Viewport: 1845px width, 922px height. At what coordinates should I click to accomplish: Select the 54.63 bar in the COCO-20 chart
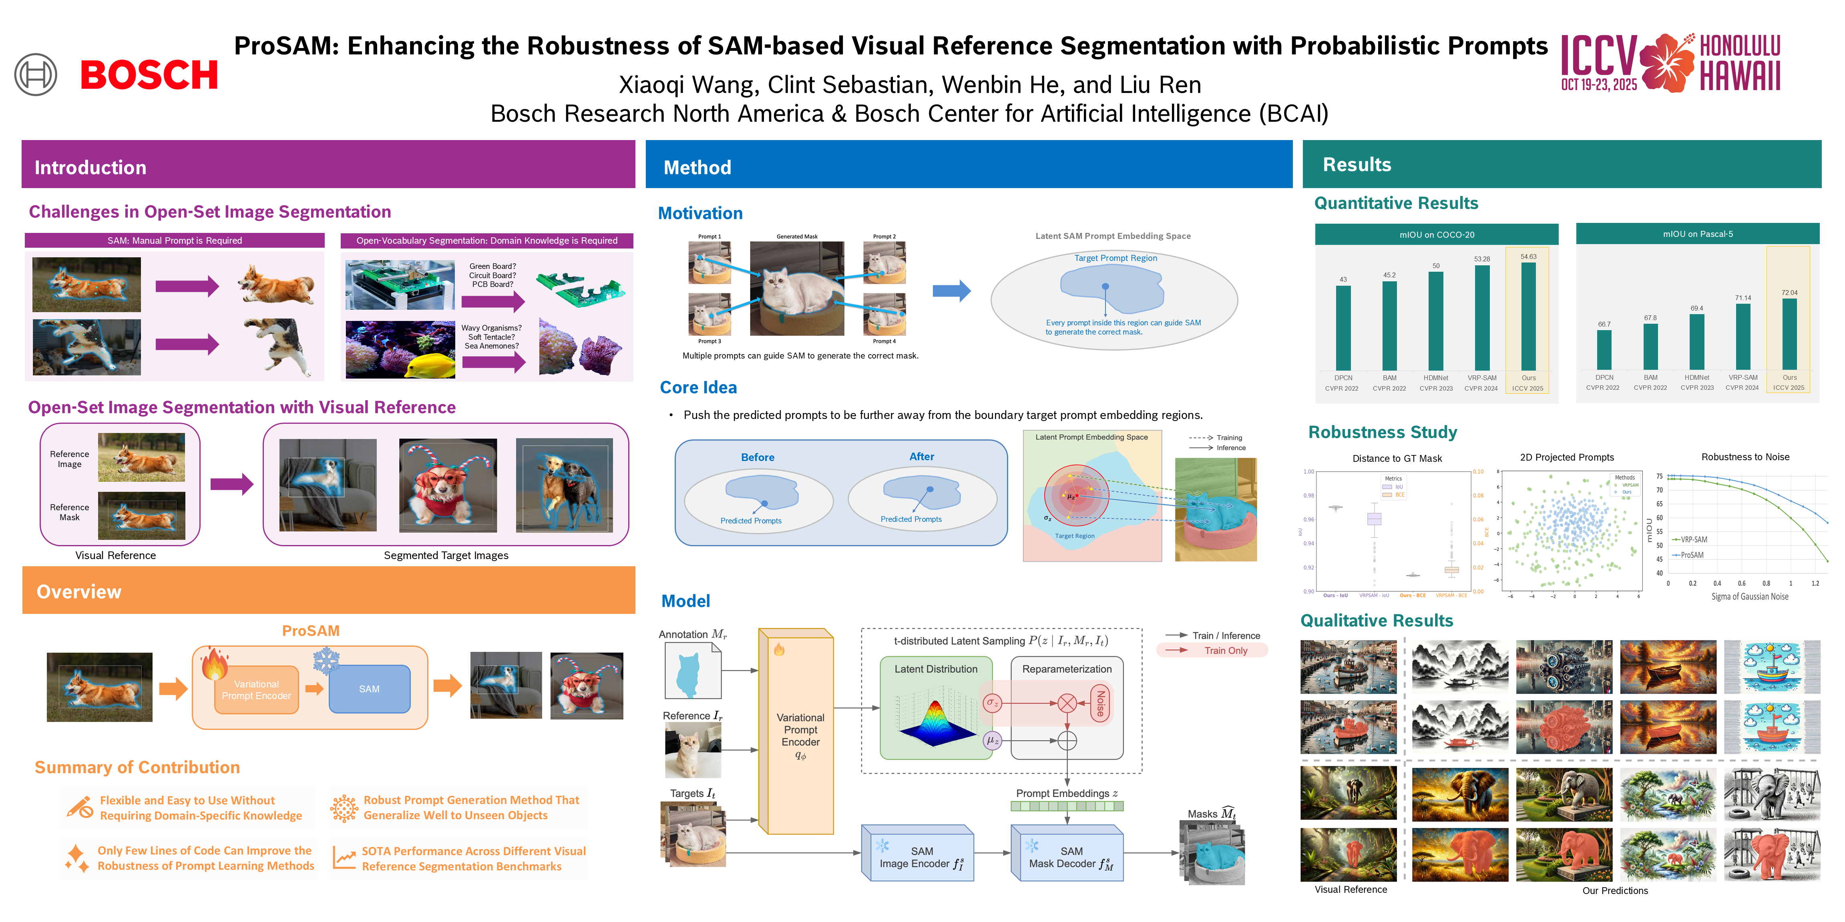[1528, 317]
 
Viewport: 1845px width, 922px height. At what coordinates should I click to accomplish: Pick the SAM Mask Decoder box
[1067, 856]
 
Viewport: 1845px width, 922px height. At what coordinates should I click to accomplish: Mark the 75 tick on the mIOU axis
[1659, 476]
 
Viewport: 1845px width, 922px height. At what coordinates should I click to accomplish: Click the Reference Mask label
[70, 512]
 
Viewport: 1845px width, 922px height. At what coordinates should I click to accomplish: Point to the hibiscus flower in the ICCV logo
[1667, 63]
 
